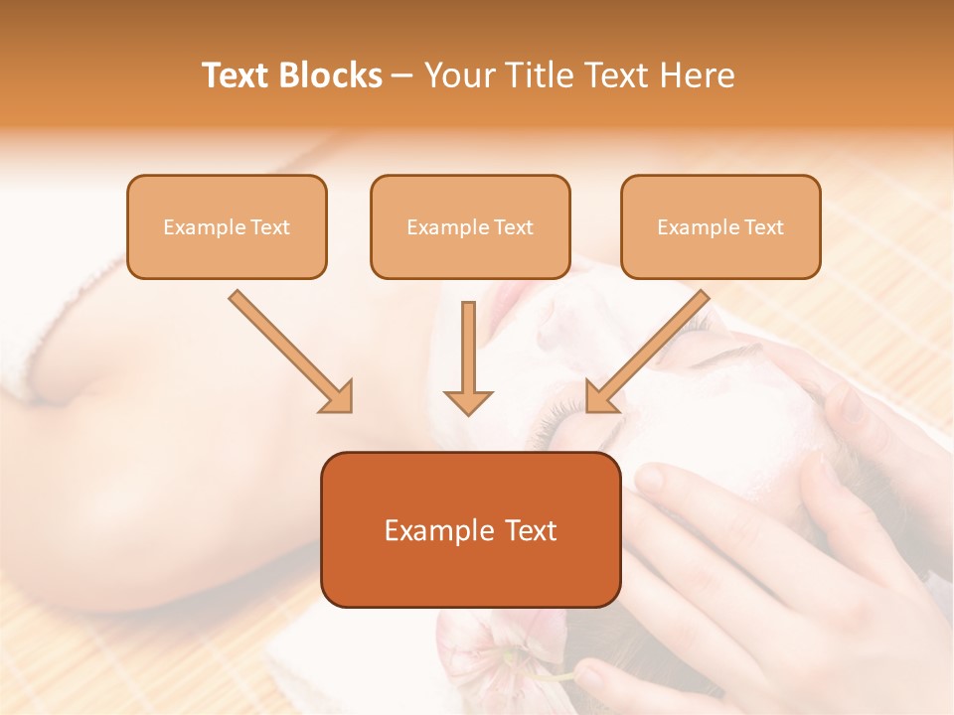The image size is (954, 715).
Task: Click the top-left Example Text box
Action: [227, 227]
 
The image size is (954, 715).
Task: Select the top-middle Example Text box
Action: [470, 227]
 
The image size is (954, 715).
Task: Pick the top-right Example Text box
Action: [720, 227]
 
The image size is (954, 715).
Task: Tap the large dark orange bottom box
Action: [470, 530]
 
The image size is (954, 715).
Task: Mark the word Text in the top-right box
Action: [763, 227]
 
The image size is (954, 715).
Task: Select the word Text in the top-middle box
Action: [513, 227]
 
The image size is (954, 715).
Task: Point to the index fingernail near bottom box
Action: [648, 481]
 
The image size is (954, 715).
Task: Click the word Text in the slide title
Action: [237, 75]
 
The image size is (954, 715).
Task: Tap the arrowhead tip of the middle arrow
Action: [468, 412]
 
